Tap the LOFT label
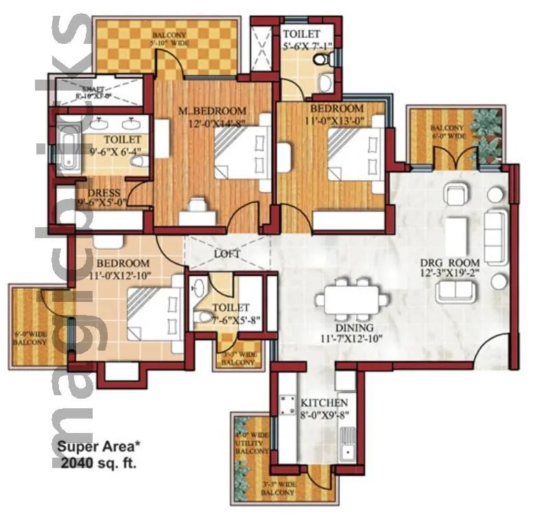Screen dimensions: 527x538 (x=227, y=254)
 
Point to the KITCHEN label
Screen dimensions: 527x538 (x=324, y=402)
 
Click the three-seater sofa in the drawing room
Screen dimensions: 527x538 (x=495, y=237)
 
